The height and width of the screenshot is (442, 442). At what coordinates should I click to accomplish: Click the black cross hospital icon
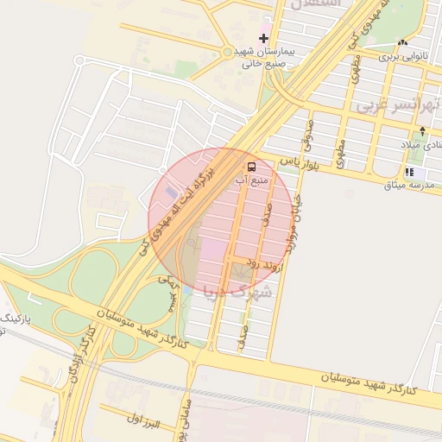[263, 38]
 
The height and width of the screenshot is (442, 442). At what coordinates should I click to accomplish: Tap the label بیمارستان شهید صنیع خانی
[264, 57]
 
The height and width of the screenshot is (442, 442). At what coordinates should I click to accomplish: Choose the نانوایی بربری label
[402, 57]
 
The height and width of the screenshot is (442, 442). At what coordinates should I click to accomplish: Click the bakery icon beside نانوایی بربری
[402, 42]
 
